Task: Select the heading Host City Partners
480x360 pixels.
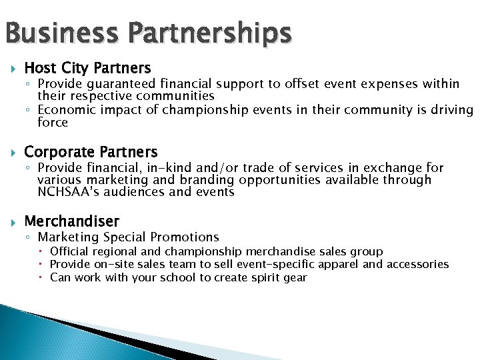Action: (87, 68)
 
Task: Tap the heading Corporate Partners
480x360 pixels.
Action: (91, 152)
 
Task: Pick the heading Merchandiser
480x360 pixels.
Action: (71, 221)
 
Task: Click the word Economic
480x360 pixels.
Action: (64, 110)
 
